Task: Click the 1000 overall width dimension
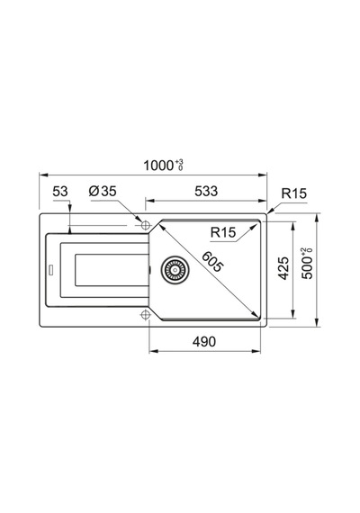tap(158, 166)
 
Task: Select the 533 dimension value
tap(206, 191)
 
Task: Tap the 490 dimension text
tap(204, 342)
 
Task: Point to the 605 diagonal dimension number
tap(211, 261)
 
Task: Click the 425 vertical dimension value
tap(283, 268)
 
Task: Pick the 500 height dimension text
tap(307, 268)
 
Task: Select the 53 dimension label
tap(60, 191)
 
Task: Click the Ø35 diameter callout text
tap(103, 191)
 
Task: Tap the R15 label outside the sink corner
tap(294, 193)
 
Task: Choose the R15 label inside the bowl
tap(223, 232)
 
